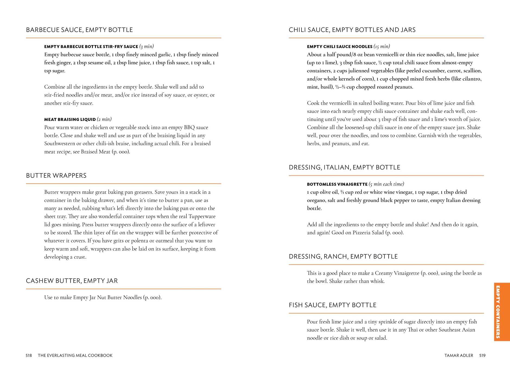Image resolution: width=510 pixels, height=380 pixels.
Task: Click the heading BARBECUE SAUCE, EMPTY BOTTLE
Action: pos(79,30)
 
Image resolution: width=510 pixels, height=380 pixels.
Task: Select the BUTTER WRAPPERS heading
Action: pos(56,176)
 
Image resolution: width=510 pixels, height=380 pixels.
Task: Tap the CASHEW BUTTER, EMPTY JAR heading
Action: pos(72,281)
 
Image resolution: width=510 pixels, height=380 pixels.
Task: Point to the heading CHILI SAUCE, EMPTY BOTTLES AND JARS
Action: pos(352,30)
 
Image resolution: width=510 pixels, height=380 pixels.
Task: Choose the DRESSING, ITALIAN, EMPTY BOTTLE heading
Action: pos(344,167)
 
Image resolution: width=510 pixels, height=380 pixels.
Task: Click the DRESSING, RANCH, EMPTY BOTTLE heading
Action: pos(343,256)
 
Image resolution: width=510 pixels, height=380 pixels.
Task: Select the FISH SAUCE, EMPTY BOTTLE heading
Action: pos(332,305)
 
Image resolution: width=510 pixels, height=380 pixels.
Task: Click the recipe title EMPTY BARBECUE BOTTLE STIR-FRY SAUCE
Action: pos(91,47)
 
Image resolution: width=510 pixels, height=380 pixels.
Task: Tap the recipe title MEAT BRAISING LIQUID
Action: pos(70,119)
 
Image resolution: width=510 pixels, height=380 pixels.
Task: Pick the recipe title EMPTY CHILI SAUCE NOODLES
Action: pos(340,47)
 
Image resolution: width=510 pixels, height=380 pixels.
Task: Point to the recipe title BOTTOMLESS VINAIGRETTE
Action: pos(337,184)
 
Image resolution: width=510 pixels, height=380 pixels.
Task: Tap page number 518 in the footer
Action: pos(29,356)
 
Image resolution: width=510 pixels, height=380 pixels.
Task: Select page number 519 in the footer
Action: pos(482,356)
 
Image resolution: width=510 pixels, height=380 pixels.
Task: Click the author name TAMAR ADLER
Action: pos(459,356)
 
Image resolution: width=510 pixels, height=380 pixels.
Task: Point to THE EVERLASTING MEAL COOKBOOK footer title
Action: pos(75,356)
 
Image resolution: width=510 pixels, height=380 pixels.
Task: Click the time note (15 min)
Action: pos(382,46)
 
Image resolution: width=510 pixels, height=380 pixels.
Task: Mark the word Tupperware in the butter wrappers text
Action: pos(202,216)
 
